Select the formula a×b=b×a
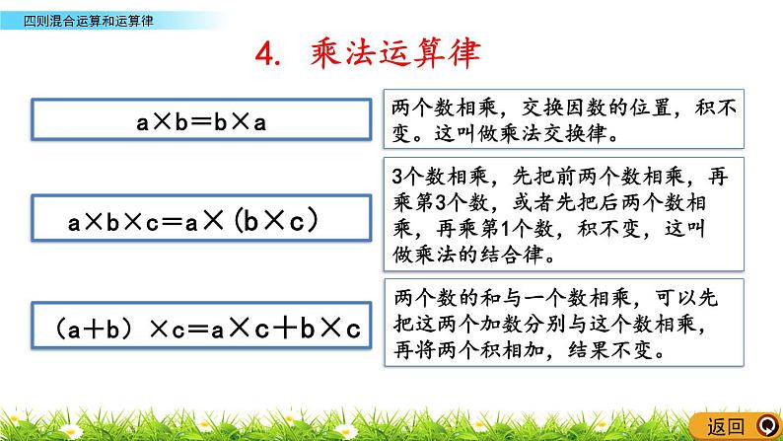click(202, 123)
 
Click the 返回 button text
click(727, 426)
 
